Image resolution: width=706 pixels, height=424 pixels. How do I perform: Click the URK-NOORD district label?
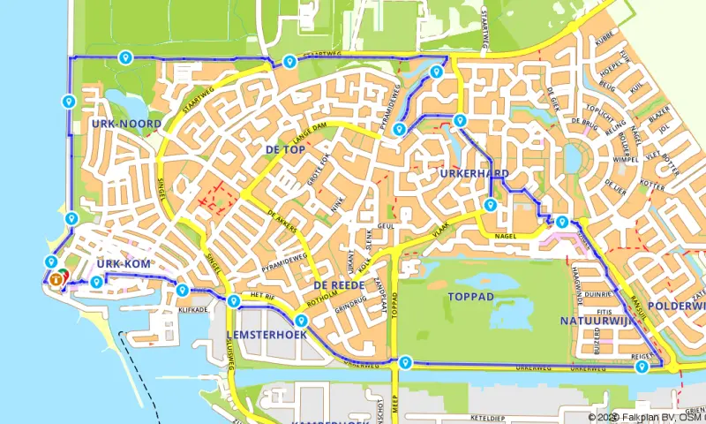pos(126,124)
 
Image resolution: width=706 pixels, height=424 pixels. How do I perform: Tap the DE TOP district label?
pos(285,150)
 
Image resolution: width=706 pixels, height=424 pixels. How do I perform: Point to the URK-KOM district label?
pos(124,264)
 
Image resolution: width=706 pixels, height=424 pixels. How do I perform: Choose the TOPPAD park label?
pos(470,296)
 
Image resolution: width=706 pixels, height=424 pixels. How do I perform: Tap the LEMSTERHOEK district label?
pos(266,335)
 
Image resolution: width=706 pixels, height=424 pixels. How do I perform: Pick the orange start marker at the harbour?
pos(56,279)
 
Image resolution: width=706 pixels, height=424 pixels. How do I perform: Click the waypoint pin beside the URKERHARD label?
pos(490,206)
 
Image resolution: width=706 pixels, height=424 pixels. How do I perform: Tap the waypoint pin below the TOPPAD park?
pos(405,361)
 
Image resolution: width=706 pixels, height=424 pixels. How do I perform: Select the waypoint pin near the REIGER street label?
pos(642,366)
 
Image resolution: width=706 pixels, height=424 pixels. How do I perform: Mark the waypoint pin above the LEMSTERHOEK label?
pos(301,321)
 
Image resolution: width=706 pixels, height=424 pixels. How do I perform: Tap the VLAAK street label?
pos(441,231)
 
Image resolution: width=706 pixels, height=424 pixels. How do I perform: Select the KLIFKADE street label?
pos(193,310)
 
